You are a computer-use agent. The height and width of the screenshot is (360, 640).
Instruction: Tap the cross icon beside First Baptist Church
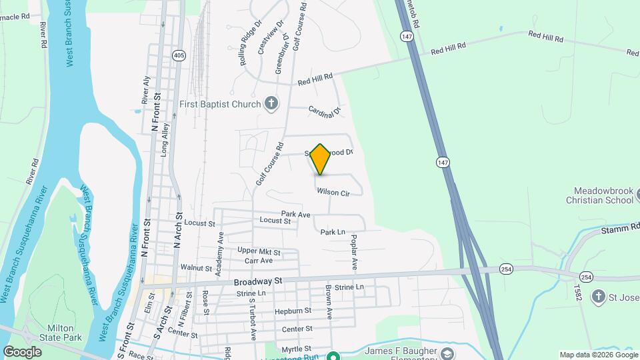coord(271,103)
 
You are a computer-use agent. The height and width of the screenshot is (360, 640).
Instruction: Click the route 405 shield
coord(178,55)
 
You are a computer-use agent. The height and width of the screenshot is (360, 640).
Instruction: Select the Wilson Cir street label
coord(333,192)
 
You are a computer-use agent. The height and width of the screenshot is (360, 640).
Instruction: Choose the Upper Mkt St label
coord(259,251)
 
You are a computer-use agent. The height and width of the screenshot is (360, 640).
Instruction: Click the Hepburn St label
coord(293,311)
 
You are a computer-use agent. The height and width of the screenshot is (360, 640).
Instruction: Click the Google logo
coord(22,351)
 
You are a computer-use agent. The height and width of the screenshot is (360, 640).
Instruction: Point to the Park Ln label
coord(333,232)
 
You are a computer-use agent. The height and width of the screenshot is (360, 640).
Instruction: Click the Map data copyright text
coord(598,355)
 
